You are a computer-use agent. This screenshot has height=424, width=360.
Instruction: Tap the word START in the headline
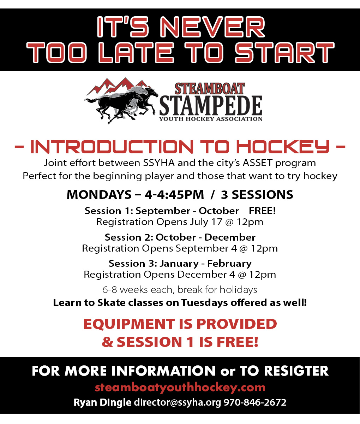coord(284,53)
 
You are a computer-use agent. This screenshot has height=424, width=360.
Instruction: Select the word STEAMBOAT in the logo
coord(210,89)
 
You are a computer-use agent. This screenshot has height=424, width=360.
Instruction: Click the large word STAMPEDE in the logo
coord(211,105)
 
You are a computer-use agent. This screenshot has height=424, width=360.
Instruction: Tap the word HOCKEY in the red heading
coord(283,147)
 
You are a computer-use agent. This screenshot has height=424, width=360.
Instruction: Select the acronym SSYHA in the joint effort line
coord(159,163)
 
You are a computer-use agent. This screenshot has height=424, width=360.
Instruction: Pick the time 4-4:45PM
coord(174,195)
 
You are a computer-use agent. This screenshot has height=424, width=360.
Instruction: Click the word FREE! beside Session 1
coord(262,211)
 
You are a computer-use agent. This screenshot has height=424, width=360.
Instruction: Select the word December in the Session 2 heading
coord(230,237)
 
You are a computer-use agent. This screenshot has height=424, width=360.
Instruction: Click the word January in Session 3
coord(179,264)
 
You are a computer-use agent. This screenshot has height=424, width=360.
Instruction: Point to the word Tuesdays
coord(204,302)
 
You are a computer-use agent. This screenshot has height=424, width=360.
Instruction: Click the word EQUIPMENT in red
coord(129,324)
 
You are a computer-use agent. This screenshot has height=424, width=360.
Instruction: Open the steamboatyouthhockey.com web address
coord(180,388)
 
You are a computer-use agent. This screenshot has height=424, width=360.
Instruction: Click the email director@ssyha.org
coord(178,402)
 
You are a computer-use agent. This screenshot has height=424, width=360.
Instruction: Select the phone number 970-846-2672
coord(255,402)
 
